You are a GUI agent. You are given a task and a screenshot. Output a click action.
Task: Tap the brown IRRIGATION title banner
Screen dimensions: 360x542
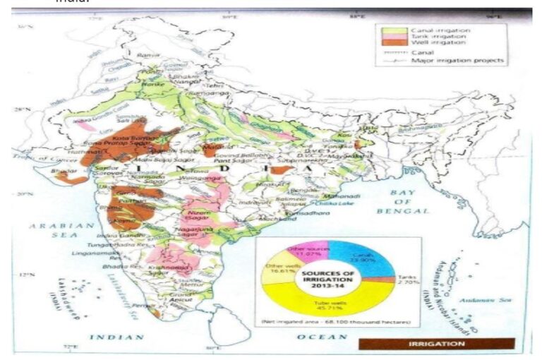point(436,344)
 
